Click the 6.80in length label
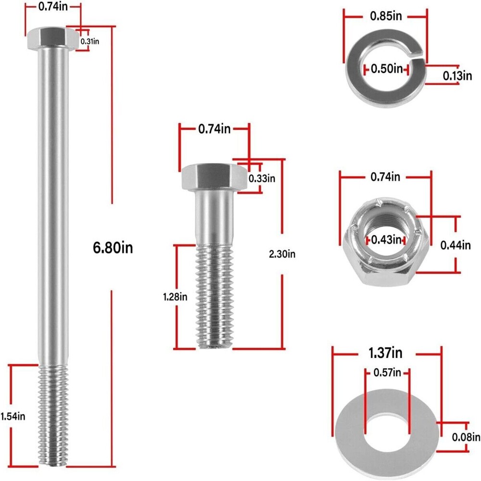(x=112, y=248)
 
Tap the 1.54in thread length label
(x=12, y=416)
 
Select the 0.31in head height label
(x=89, y=41)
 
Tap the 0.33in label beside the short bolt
(x=262, y=178)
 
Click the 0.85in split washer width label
(x=385, y=16)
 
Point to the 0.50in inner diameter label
(x=387, y=69)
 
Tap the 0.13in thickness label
(x=457, y=76)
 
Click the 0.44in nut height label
(x=455, y=245)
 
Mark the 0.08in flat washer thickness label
(x=466, y=437)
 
